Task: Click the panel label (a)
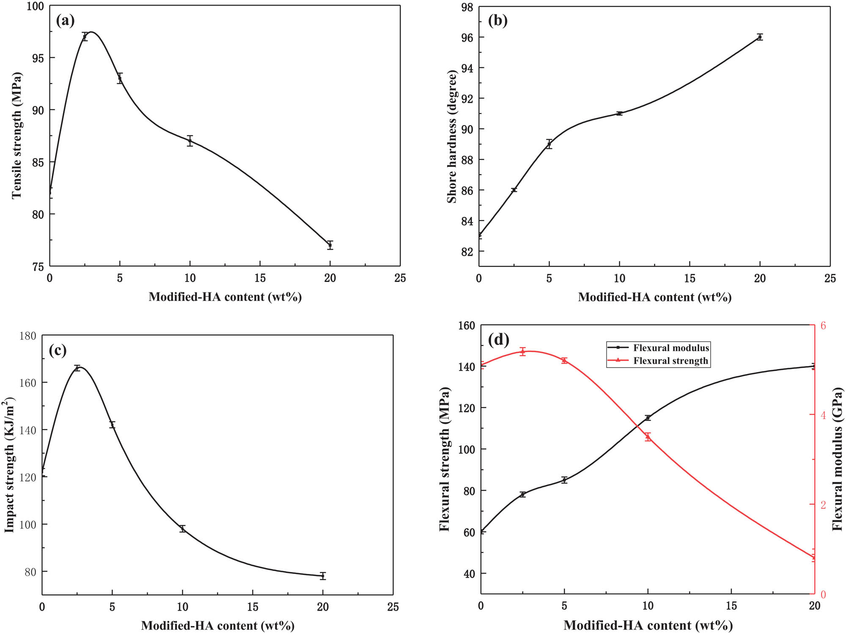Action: coord(66,20)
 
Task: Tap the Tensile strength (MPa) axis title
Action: coord(16,136)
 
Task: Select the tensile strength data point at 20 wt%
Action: coord(330,245)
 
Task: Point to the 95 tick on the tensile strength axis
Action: coord(38,58)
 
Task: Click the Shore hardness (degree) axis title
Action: coord(452,137)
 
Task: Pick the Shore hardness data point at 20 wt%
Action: coord(760,37)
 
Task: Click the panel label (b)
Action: coord(497,20)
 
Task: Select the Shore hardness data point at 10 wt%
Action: coord(619,113)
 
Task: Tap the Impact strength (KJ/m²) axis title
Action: coord(10,465)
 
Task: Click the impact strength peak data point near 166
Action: coord(77,368)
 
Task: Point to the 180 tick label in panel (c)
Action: coord(28,336)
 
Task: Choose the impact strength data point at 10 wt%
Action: coord(182,529)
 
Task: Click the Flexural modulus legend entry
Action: coord(670,348)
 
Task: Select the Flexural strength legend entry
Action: coord(670,361)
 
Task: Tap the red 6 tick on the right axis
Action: coord(823,325)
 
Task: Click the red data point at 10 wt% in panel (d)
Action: coord(648,437)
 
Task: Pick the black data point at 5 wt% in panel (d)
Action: coord(564,480)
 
